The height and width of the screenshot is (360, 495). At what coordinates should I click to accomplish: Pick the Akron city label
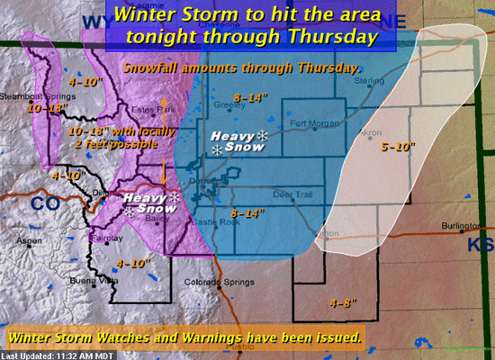click(367, 132)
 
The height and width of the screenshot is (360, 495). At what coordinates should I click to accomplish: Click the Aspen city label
click(31, 240)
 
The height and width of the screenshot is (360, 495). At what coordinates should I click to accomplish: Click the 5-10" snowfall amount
click(396, 146)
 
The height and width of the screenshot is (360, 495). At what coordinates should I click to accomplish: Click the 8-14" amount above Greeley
click(248, 94)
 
